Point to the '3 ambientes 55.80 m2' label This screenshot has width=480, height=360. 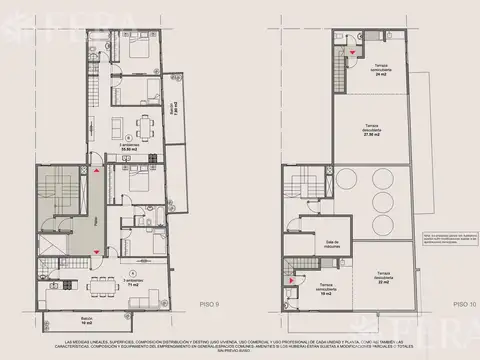(132, 147)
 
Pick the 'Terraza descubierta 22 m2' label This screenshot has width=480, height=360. (385, 281)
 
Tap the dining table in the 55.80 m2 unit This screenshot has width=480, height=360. (145, 125)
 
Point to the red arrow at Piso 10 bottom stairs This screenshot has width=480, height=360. (292, 282)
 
